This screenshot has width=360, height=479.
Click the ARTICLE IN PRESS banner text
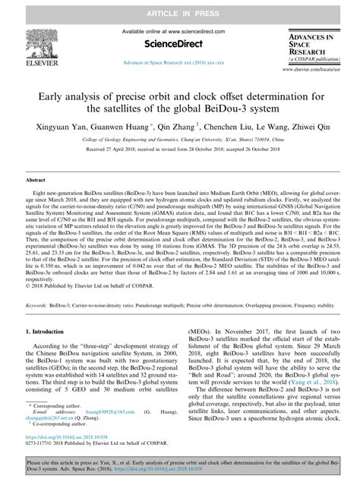click(180, 8)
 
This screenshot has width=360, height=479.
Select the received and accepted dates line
click(179, 152)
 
